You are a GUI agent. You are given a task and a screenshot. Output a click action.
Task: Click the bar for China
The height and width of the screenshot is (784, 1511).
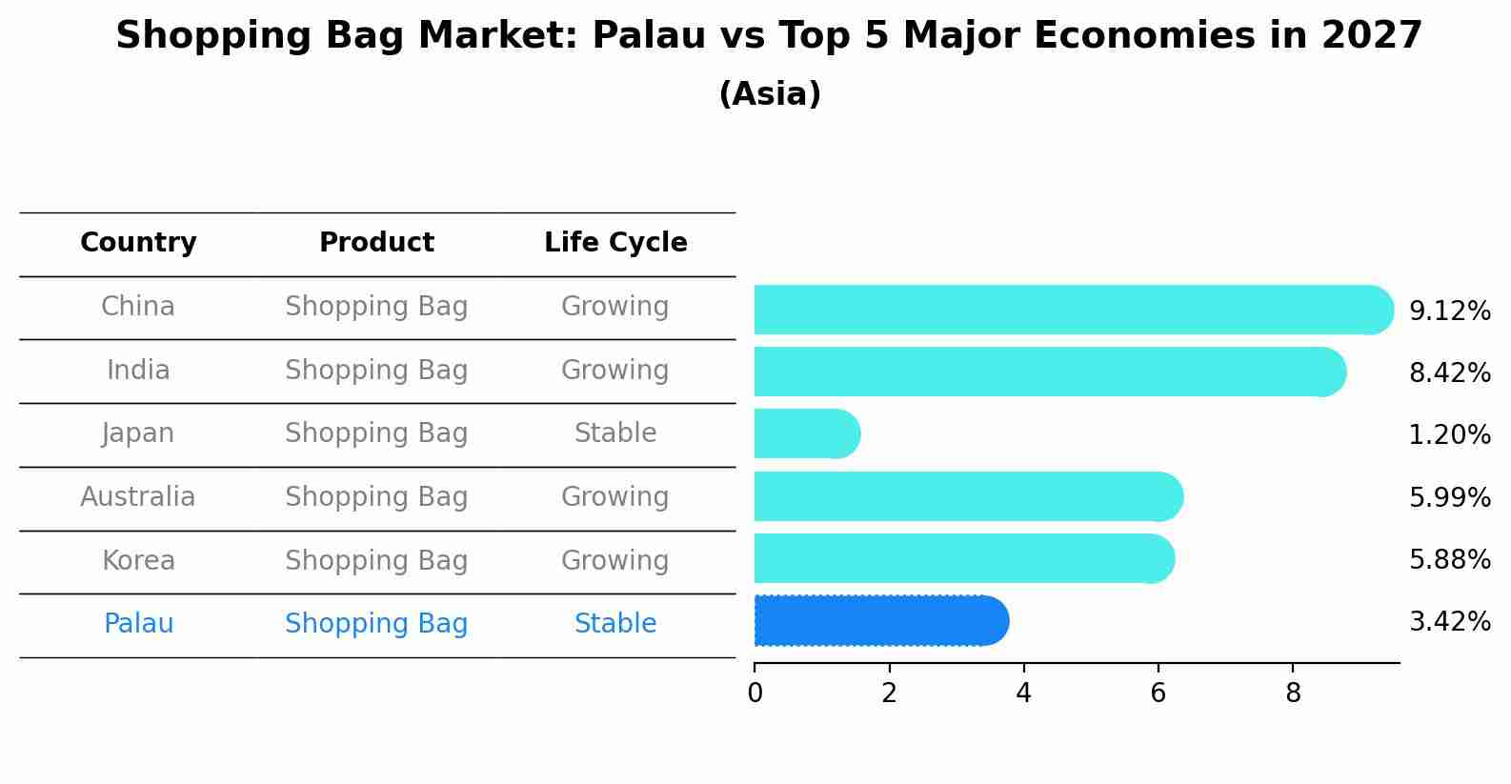click(x=1074, y=310)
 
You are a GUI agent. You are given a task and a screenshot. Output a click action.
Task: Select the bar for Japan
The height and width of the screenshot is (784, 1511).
click(x=808, y=433)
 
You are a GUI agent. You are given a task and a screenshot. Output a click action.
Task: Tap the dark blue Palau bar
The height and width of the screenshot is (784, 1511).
click(x=881, y=621)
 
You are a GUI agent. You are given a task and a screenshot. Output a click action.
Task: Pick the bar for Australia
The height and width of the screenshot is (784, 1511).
click(x=969, y=496)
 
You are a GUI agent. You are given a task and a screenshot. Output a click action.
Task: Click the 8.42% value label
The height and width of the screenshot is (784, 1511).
click(x=1450, y=372)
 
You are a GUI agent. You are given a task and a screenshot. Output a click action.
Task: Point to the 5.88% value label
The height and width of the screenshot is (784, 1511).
click(x=1450, y=559)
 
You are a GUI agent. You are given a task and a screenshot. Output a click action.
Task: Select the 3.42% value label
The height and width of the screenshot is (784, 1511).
click(x=1450, y=621)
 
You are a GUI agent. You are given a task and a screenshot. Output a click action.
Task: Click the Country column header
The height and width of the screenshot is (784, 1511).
click(x=138, y=242)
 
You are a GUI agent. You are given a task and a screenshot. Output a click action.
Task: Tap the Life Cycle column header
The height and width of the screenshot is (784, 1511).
click(x=615, y=242)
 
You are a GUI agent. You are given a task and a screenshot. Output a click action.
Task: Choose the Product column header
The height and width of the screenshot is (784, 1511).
click(x=376, y=242)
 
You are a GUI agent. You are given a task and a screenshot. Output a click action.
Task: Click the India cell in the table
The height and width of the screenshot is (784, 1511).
click(x=138, y=370)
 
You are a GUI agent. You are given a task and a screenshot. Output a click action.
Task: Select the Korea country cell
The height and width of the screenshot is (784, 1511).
click(x=138, y=560)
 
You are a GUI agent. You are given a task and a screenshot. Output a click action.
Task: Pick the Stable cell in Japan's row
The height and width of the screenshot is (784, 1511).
click(x=615, y=433)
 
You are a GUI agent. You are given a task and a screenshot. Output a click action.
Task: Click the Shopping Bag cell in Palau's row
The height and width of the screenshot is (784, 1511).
click(x=376, y=624)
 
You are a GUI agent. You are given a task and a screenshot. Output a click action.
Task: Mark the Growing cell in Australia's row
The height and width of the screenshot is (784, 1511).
click(x=615, y=497)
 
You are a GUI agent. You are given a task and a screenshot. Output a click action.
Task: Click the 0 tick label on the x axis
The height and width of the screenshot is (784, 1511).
click(x=755, y=694)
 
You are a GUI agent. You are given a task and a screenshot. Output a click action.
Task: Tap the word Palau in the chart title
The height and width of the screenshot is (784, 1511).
click(x=649, y=35)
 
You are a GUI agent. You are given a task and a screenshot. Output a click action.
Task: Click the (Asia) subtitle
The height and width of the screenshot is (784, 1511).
click(x=770, y=93)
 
